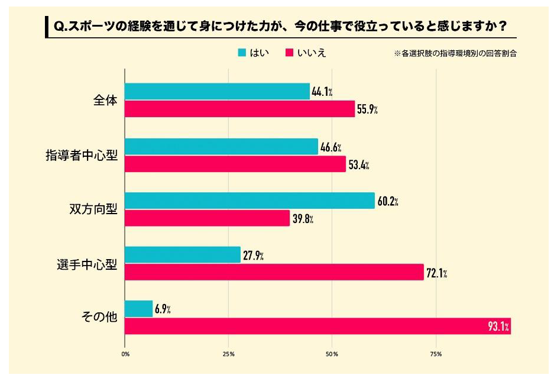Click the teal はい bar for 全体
[217, 92]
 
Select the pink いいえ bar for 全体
[239, 109]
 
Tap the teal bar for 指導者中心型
[221, 147]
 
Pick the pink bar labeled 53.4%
[235, 164]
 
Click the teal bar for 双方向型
[250, 201]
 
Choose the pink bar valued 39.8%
[207, 218]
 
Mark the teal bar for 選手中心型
[183, 255]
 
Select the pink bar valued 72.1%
[274, 272]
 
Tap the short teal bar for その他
[138, 309]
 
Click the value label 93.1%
[499, 326]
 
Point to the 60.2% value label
[388, 202]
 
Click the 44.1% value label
[322, 92]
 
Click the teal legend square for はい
[241, 53]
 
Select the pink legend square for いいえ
[290, 53]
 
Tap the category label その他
[99, 318]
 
